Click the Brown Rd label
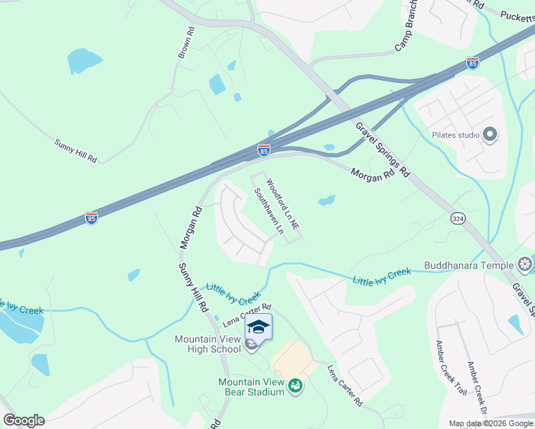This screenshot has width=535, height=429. pyautogui.click(x=186, y=44)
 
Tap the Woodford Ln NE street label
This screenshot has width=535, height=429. pyautogui.click(x=283, y=204)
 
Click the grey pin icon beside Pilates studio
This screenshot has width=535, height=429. pyautogui.click(x=490, y=134)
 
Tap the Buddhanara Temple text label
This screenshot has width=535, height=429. pyautogui.click(x=468, y=265)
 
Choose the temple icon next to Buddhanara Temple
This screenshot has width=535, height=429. pyautogui.click(x=525, y=266)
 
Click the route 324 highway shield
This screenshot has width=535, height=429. pyautogui.click(x=458, y=217)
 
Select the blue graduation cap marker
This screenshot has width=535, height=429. pyautogui.click(x=258, y=327)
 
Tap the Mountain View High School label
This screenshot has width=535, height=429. pyautogui.click(x=207, y=344)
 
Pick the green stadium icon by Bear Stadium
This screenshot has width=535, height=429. pyautogui.click(x=295, y=387)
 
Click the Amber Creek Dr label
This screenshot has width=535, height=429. pyautogui.click(x=478, y=386)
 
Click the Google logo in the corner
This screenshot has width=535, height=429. pyautogui.click(x=24, y=420)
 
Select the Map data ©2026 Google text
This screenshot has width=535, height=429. pyautogui.click(x=491, y=423)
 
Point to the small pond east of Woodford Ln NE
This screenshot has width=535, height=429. pyautogui.click(x=326, y=200)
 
